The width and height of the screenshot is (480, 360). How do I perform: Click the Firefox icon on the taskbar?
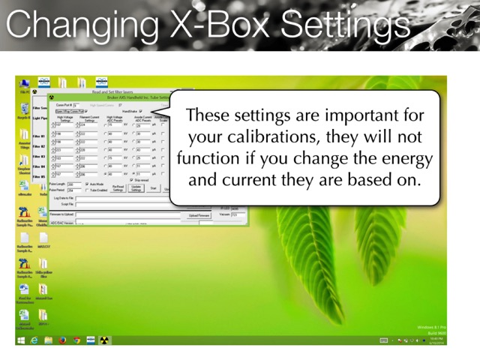[x=62, y=340]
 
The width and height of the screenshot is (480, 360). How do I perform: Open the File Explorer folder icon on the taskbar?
[x=48, y=340]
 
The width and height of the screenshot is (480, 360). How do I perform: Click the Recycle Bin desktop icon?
[x=24, y=112]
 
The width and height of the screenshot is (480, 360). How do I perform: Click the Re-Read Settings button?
[x=118, y=189]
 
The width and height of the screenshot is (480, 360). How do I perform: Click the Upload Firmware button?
[x=199, y=215]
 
